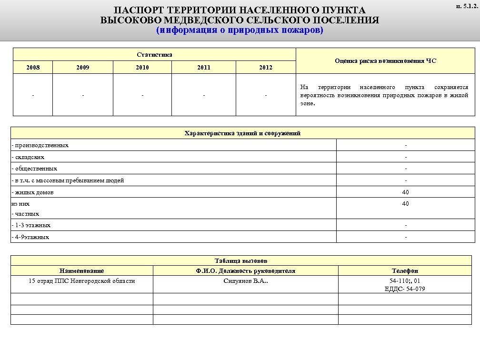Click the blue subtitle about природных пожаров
240,30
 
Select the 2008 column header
32,67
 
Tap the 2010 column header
142,67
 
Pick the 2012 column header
266,67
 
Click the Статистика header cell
154,54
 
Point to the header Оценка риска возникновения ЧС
385,61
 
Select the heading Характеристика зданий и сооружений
242,133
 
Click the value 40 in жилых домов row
405,192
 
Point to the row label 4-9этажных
30,237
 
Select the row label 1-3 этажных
31,225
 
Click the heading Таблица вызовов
241,261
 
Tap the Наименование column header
81,270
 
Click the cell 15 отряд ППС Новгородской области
81,281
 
